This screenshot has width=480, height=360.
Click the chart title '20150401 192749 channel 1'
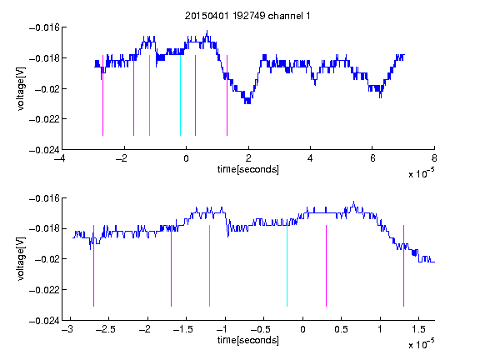tap(247, 16)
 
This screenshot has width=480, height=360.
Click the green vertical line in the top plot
tap(149, 95)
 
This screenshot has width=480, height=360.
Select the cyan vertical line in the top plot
tap(180, 95)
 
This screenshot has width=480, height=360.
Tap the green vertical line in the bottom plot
tap(209, 266)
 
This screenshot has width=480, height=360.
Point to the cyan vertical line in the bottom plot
tap(287, 266)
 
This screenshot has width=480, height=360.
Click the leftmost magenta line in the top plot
tap(102, 95)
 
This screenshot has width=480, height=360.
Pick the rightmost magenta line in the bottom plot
tap(403, 266)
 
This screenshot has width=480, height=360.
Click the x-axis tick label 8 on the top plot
tap(434, 158)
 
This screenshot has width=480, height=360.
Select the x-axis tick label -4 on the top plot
tap(60, 158)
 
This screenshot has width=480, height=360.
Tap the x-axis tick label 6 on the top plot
tap(372, 158)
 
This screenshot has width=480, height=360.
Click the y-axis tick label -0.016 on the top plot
tap(44, 27)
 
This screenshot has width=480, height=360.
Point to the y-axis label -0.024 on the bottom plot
tap(44, 321)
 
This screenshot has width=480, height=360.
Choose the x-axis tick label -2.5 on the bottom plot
tap(105, 329)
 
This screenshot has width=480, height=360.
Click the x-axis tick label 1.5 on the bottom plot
tap(418, 329)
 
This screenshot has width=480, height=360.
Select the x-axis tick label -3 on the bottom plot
tap(67, 329)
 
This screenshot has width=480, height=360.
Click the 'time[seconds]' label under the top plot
tap(248, 169)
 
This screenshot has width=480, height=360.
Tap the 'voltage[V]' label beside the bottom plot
tap(21, 259)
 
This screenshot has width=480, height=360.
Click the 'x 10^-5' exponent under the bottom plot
tap(421, 344)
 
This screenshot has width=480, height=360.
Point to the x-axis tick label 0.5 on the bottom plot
tap(341, 329)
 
